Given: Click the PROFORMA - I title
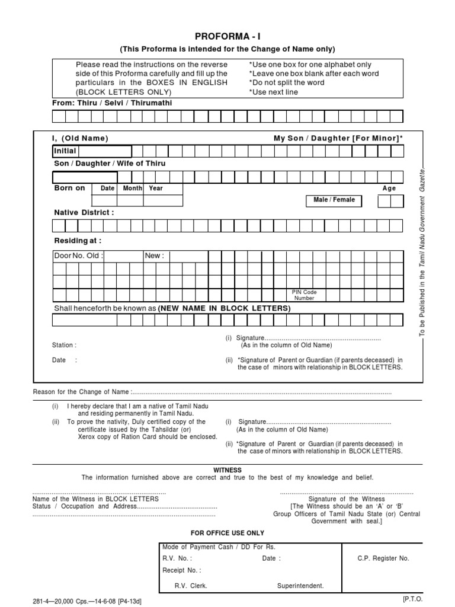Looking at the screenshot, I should [x=228, y=37].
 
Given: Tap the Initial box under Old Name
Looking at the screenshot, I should [x=92, y=151].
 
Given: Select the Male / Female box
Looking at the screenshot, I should [x=334, y=200].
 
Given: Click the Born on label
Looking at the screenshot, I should [x=70, y=188].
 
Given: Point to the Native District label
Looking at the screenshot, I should [x=84, y=212].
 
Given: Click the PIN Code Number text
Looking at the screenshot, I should [x=304, y=295].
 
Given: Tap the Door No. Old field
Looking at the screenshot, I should [x=78, y=256].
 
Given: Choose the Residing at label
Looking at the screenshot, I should [x=78, y=241].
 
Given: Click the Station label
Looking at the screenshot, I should [x=64, y=345].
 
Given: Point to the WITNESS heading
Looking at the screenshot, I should [x=227, y=469].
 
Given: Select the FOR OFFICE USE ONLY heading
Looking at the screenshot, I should [x=227, y=533].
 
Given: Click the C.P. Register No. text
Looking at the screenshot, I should [x=383, y=558].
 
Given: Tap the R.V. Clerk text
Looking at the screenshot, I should [x=191, y=586].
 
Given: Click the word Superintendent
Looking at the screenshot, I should [x=300, y=586].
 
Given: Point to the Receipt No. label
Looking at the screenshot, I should [x=181, y=570].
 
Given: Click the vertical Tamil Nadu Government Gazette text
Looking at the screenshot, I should [x=422, y=252].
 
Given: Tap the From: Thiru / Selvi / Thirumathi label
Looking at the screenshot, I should [x=105, y=103].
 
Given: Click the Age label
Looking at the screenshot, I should [x=389, y=189].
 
